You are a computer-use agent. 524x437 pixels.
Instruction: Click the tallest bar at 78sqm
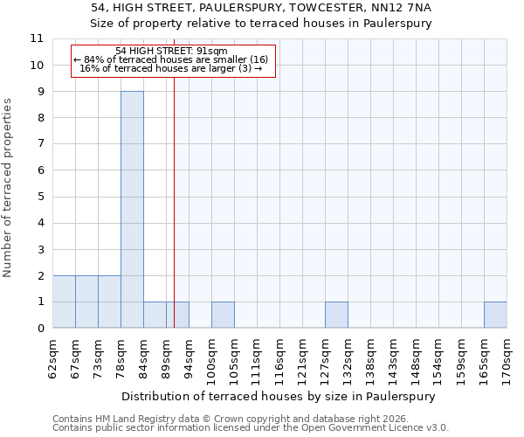tap(132, 210)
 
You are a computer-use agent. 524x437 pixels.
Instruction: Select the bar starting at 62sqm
tap(64, 302)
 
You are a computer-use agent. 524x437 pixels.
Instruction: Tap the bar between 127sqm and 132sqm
tap(336, 315)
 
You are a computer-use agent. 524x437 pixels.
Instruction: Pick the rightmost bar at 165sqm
tap(495, 315)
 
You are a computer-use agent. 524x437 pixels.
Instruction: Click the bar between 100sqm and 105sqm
tap(223, 315)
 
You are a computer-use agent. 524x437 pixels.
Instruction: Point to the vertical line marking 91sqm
tap(175, 192)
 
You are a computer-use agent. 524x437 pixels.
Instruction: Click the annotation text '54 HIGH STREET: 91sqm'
tap(172, 52)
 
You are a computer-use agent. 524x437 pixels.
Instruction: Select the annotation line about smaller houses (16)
tap(172, 59)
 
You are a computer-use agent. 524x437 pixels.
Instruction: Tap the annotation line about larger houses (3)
tap(172, 68)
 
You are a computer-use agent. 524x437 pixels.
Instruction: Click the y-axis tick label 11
tap(36, 38)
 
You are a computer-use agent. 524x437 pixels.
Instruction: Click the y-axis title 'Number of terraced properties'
tap(8, 188)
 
